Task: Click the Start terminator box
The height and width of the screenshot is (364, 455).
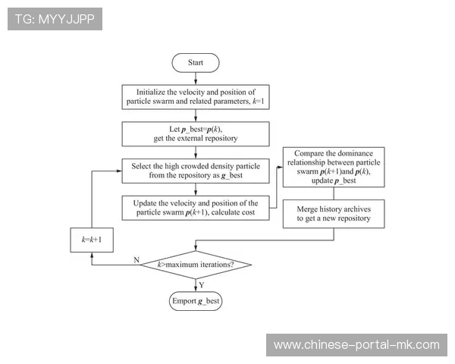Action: (196, 62)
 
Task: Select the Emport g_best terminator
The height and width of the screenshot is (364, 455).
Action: (196, 301)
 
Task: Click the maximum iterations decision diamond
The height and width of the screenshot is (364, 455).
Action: (196, 265)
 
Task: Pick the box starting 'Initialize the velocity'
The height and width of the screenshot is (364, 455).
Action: (196, 96)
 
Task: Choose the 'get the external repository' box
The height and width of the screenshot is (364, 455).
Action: (196, 133)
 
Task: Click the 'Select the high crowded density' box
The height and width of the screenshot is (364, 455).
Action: (196, 171)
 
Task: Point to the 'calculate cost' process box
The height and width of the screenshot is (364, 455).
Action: (196, 208)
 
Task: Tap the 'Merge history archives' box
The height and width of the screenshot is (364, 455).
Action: (334, 213)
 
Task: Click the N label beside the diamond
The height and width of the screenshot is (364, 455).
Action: (136, 259)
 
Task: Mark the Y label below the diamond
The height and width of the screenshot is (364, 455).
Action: (202, 284)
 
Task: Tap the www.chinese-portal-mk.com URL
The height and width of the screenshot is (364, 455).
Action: (356, 345)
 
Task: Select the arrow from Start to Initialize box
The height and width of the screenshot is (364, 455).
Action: (196, 77)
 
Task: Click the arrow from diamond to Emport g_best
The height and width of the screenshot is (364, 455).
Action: (196, 285)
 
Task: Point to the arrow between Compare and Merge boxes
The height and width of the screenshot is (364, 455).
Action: (334, 196)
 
